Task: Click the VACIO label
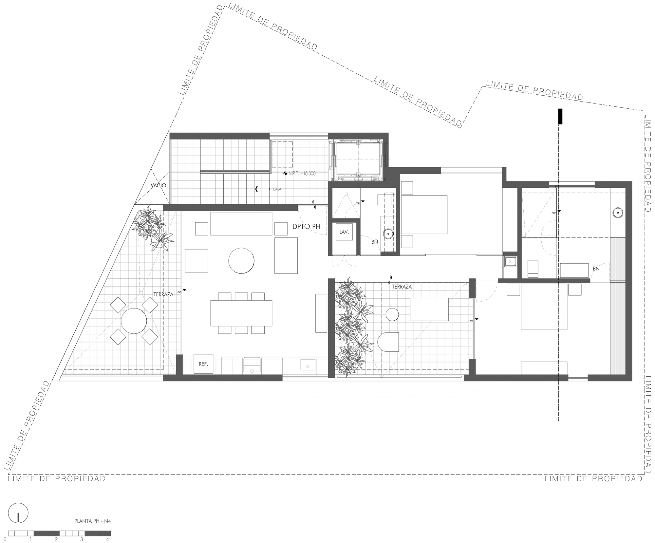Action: (158, 185)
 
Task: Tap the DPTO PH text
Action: (306, 226)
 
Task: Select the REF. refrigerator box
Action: (203, 364)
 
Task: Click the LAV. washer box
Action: (344, 232)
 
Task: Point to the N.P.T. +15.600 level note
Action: (300, 174)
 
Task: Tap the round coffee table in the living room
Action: (241, 261)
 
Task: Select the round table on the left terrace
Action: (134, 321)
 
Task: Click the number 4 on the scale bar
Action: (107, 539)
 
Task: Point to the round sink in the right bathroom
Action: (617, 213)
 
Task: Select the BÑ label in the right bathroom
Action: (596, 269)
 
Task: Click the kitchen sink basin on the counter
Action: (308, 365)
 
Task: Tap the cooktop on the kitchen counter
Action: (252, 365)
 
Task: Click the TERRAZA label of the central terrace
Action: (402, 287)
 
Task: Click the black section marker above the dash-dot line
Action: (560, 117)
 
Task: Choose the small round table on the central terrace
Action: (392, 314)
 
